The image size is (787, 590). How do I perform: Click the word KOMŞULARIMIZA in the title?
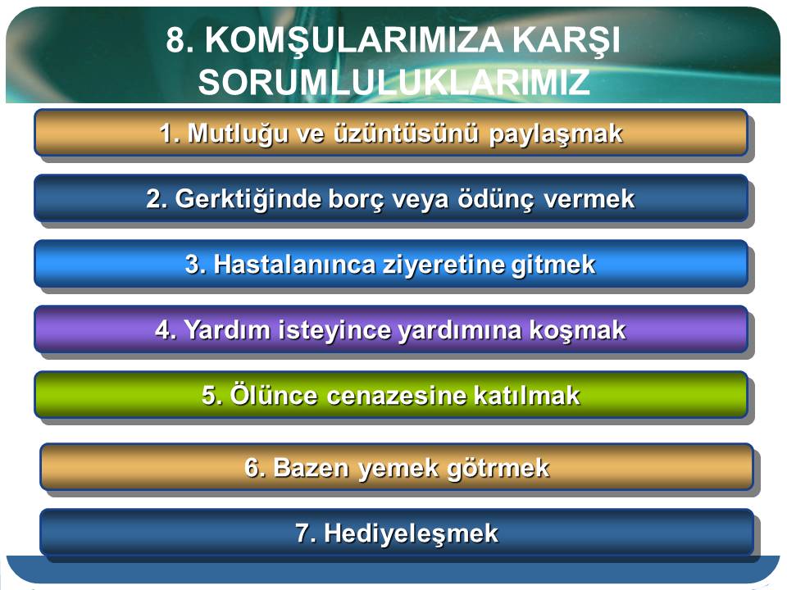[353, 40]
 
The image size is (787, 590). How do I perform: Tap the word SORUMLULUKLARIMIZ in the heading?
[394, 82]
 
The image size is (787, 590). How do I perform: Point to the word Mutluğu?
[238, 134]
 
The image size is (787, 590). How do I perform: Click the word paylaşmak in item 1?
[556, 134]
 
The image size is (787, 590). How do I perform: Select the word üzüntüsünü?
[406, 134]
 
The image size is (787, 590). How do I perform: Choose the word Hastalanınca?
[294, 265]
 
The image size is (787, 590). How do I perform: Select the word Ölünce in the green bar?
[274, 394]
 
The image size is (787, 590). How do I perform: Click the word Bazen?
[311, 468]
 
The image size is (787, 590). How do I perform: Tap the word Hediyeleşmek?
[411, 533]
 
